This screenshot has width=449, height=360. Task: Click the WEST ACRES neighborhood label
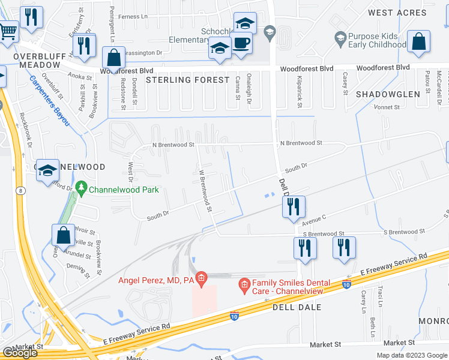point(397,13)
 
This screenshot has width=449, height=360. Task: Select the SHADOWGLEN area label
point(388,94)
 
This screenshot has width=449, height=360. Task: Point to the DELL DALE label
point(297,307)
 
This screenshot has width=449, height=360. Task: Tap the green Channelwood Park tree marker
point(82,189)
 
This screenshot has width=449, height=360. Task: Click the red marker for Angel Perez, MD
point(201,277)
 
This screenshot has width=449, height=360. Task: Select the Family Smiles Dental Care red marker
point(244,283)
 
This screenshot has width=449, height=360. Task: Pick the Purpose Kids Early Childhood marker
point(340,38)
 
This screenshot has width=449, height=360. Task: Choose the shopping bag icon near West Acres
point(418,41)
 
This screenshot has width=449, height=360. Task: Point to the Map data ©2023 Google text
point(411,355)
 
